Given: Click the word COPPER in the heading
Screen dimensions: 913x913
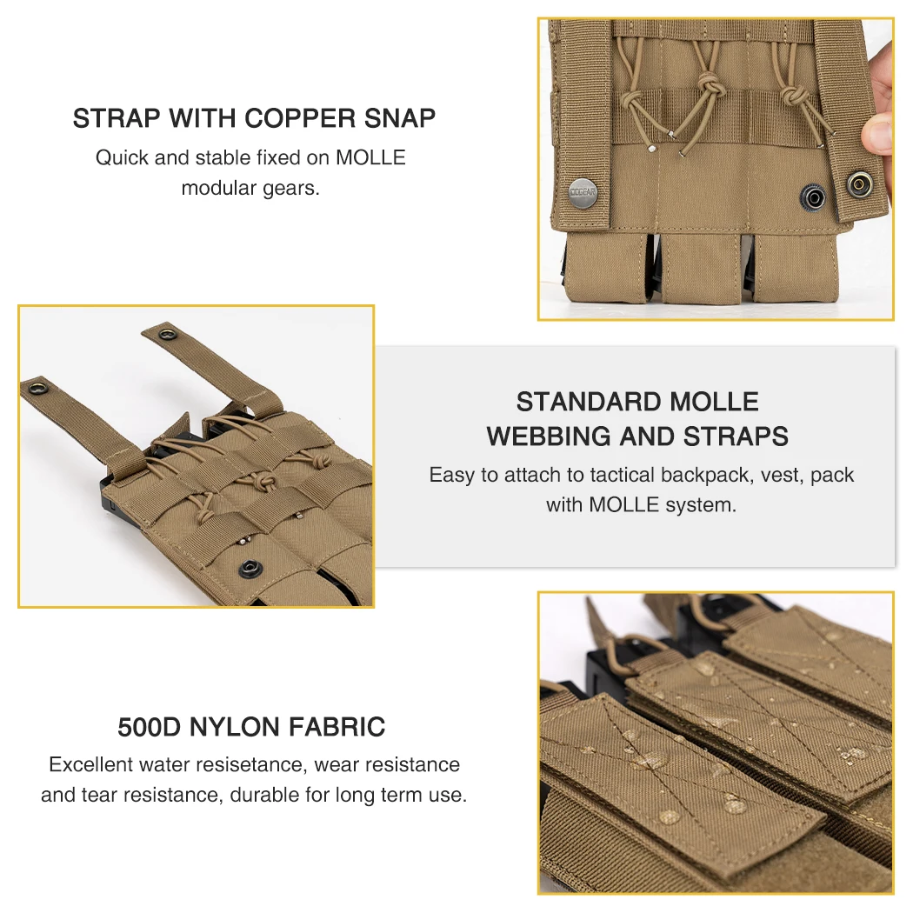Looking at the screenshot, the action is (299, 118).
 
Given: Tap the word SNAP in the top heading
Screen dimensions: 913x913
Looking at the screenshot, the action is (400, 118).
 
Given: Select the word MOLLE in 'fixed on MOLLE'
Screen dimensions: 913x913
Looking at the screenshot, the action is (370, 157).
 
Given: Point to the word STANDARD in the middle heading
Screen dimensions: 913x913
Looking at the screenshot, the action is (589, 402).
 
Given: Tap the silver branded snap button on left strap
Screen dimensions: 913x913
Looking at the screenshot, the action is (583, 193).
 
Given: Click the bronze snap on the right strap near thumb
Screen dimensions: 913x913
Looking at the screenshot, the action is (859, 184).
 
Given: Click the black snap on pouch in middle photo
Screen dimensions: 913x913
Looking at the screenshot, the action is (250, 567).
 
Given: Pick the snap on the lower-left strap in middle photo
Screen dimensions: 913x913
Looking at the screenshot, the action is (39, 387).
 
